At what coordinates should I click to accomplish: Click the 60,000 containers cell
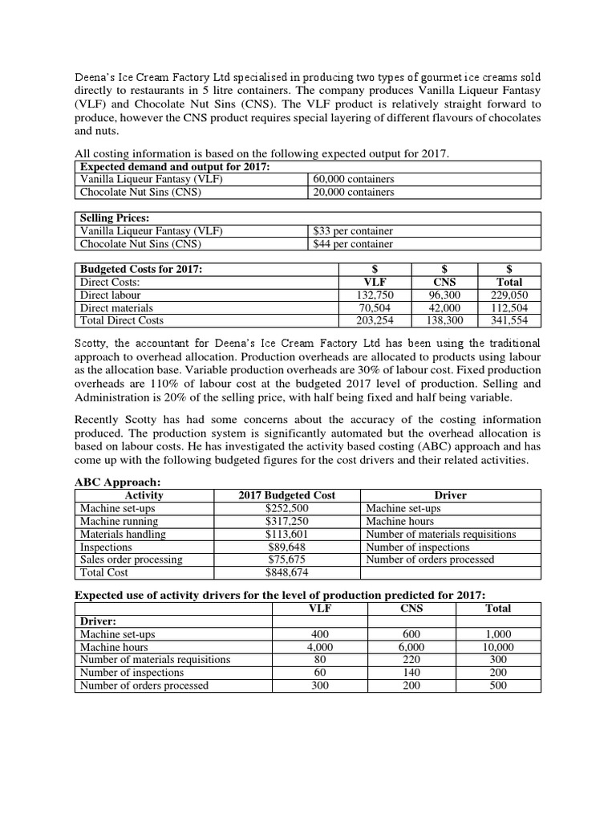click(x=354, y=179)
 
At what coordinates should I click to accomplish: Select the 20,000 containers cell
click(x=354, y=192)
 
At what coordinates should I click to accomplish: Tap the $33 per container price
click(x=353, y=231)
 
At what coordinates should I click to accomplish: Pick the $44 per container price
click(x=353, y=244)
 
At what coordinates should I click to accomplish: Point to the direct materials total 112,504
click(x=509, y=307)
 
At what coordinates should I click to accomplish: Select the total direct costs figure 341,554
click(x=509, y=320)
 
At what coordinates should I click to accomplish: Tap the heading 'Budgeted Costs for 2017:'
click(x=140, y=269)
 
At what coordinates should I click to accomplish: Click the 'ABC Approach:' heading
click(x=118, y=482)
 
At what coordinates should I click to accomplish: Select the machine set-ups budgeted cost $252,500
click(x=287, y=508)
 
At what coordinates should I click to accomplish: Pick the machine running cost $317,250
click(x=287, y=521)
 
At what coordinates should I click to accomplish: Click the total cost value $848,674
click(x=287, y=572)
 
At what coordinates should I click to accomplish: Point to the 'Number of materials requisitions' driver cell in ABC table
click(x=440, y=534)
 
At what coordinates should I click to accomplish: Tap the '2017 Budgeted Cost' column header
click(x=287, y=495)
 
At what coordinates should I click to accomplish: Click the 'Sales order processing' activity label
click(x=131, y=560)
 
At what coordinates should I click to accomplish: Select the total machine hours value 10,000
click(x=497, y=647)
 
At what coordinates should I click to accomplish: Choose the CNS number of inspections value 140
click(x=411, y=673)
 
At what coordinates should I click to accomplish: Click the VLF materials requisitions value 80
click(x=319, y=660)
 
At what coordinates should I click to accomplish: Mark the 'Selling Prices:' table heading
click(x=115, y=218)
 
